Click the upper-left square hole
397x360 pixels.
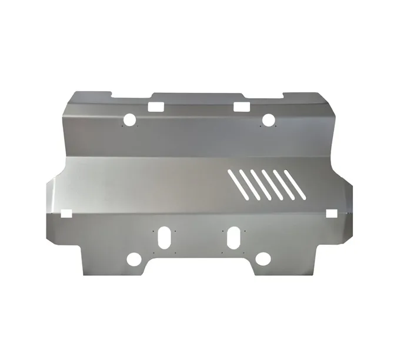tap(156, 107)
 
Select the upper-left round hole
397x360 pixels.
tap(129, 120)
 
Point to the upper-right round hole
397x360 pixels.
tap(268, 120)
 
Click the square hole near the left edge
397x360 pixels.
tap(65, 212)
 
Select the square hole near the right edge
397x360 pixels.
tap(332, 212)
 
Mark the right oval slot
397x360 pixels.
tap(234, 237)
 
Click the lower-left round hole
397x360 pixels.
tap(134, 259)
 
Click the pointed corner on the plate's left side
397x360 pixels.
tap(46, 194)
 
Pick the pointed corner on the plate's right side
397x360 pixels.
tap(351, 194)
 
